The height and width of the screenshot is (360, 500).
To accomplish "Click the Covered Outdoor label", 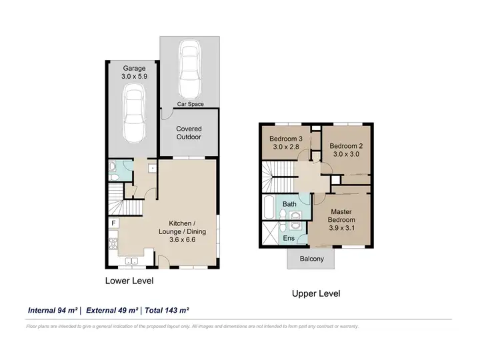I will tap(189, 133).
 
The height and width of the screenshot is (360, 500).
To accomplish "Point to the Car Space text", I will tap(189, 105).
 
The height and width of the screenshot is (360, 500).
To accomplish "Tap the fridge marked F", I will tap(113, 223).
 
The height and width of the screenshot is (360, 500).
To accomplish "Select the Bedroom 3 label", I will tap(286, 144).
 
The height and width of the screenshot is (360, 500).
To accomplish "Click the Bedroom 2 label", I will tap(345, 149).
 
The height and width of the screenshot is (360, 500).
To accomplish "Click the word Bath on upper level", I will tap(289, 204).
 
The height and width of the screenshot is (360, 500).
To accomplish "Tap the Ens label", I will tap(289, 238).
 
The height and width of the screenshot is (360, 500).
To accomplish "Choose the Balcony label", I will tap(312, 259).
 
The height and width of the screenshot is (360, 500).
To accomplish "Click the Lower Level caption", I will tap(129, 281).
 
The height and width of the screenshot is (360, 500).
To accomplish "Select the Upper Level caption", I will tap(316, 293).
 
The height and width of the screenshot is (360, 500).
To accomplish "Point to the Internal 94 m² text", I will tap(53, 310).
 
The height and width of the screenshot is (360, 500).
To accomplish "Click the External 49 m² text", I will tap(111, 310).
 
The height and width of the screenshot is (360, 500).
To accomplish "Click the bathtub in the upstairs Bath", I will tap(268, 207).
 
